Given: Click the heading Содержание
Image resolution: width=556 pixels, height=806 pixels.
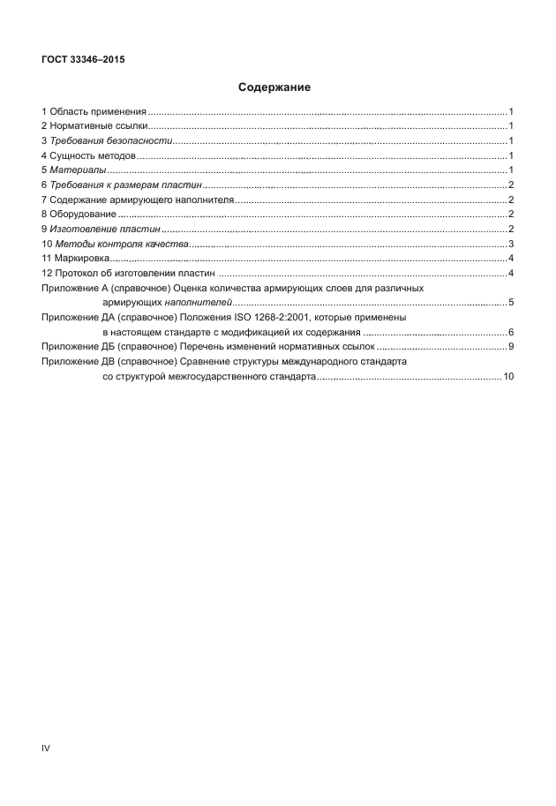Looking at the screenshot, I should click(274, 88).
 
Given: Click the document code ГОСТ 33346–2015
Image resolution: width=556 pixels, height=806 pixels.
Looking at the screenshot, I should click(81, 60).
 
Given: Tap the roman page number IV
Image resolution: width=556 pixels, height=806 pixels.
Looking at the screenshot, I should click(47, 749).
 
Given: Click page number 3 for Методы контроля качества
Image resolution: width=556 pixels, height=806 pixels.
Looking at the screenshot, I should click(511, 244).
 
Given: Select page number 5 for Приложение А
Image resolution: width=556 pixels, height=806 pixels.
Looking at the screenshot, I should click(511, 303).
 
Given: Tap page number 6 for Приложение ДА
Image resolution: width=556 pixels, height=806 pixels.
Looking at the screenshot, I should click(511, 332).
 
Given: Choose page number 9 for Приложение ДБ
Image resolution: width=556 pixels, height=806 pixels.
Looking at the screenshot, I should click(511, 347).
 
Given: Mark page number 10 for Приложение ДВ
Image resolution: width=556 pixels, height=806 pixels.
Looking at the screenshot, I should click(508, 377).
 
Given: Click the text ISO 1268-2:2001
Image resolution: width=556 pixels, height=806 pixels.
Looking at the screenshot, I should click(267, 318).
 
